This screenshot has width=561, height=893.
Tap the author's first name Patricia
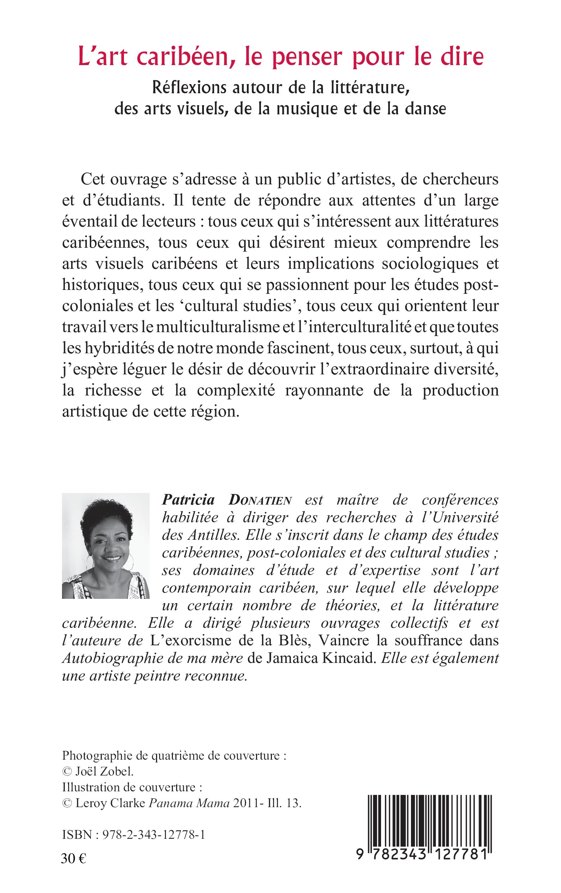[x=188, y=500]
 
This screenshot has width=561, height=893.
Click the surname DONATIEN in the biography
[x=260, y=500]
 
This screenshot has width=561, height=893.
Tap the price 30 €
[x=74, y=859]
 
